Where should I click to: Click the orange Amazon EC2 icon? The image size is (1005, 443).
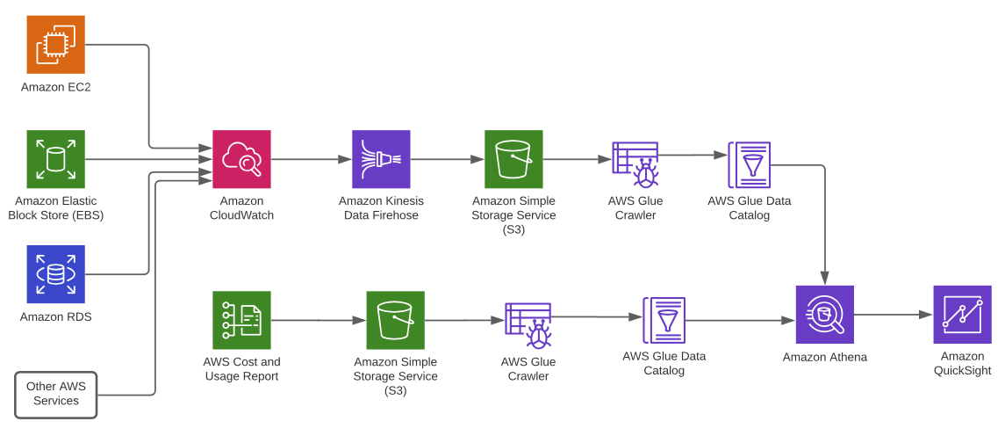click(x=55, y=44)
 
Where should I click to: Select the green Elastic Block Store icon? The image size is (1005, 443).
click(x=55, y=159)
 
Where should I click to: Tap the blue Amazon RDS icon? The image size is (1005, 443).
click(x=55, y=274)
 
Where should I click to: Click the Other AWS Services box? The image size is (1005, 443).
click(x=55, y=394)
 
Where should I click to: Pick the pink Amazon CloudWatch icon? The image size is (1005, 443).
click(x=241, y=159)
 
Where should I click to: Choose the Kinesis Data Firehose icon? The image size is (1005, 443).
click(x=381, y=159)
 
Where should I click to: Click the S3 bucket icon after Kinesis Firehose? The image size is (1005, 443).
click(x=513, y=159)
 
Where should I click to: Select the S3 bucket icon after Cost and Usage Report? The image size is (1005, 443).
click(x=395, y=320)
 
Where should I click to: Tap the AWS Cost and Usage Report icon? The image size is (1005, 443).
click(x=241, y=320)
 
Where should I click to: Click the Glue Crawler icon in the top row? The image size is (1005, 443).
click(x=635, y=164)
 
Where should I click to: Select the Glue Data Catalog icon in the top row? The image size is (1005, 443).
click(x=749, y=164)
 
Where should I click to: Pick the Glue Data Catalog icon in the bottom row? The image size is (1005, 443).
click(x=664, y=320)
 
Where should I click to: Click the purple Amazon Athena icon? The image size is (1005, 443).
click(x=824, y=314)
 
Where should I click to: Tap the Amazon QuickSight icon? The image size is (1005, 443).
click(x=962, y=314)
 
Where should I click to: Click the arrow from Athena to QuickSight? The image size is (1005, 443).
click(x=892, y=314)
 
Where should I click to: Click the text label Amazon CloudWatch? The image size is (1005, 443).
click(x=241, y=208)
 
